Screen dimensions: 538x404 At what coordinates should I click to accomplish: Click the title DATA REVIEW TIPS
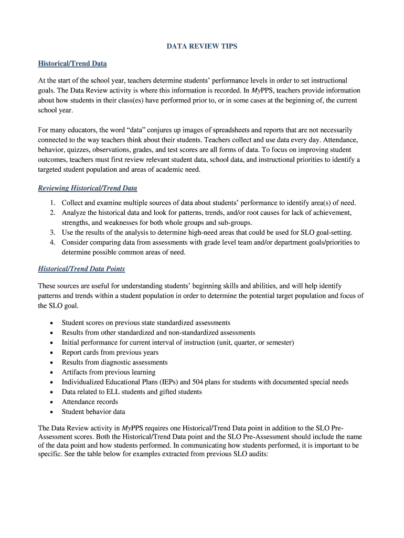(202, 46)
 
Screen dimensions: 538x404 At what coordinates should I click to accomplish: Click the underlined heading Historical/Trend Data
(72, 64)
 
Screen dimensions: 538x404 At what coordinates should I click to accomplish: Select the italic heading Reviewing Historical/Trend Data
(88, 188)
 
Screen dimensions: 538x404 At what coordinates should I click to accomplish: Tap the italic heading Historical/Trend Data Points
(81, 269)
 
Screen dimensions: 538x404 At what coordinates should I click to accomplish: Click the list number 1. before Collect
(53, 203)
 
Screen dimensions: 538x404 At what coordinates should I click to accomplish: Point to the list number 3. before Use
(53, 232)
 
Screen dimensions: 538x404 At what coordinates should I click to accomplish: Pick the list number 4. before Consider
(53, 242)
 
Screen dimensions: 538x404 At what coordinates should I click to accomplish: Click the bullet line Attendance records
(90, 402)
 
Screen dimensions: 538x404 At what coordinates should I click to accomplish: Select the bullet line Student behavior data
(93, 412)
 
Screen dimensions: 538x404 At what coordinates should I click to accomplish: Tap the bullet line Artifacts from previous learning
(109, 372)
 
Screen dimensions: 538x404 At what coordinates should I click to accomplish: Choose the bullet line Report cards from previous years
(110, 353)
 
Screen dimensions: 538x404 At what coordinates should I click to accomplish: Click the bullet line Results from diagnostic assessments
(114, 363)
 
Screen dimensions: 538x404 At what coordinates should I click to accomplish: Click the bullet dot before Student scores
(51, 323)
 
